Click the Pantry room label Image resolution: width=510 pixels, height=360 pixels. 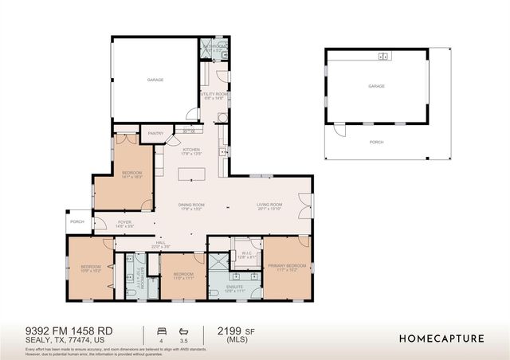coord(155,134)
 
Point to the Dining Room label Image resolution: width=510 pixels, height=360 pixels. coord(191,206)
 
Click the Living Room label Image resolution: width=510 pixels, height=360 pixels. coord(270,206)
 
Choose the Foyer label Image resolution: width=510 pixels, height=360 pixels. coord(125,224)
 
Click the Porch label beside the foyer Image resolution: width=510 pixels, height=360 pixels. coord(77,222)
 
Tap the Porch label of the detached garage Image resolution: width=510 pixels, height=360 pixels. coord(376,142)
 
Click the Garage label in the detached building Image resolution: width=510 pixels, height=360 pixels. coord(376,85)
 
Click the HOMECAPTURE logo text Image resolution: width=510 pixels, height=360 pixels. coord(441,338)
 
